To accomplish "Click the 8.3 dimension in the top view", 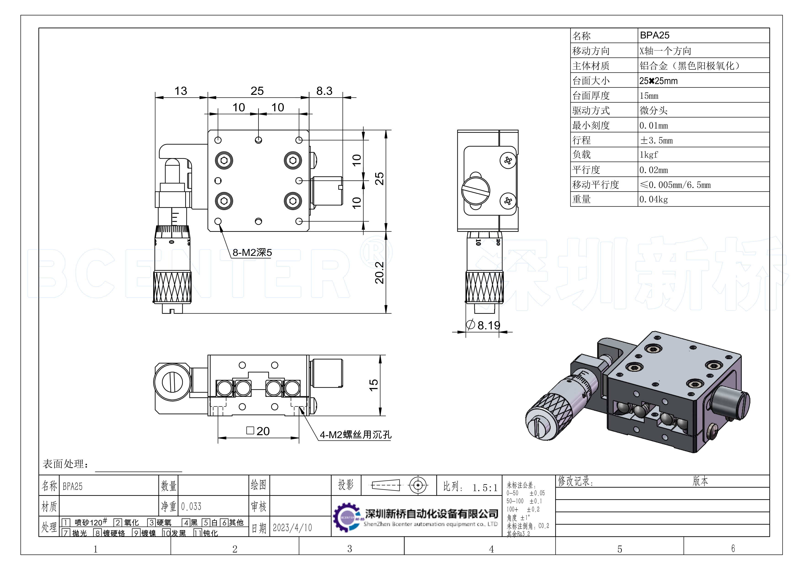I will click(x=324, y=91).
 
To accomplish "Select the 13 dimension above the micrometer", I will click(x=181, y=91).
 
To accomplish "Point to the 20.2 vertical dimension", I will click(x=379, y=273).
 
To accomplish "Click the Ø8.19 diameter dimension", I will click(x=484, y=325).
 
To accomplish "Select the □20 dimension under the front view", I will click(x=258, y=431).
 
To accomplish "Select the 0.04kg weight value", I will click(x=654, y=199).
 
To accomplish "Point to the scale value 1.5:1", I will click(x=485, y=488).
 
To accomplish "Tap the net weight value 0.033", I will click(x=191, y=506).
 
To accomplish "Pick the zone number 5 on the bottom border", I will click(x=619, y=549).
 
